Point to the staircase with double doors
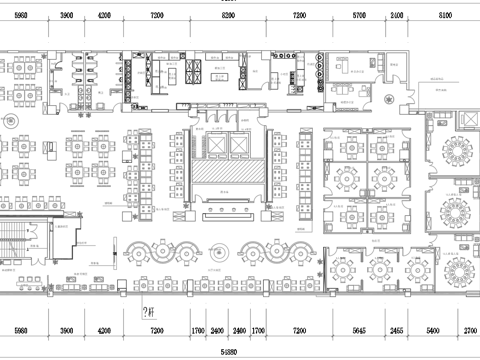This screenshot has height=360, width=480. (22, 240)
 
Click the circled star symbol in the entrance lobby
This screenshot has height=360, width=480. (11, 119)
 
